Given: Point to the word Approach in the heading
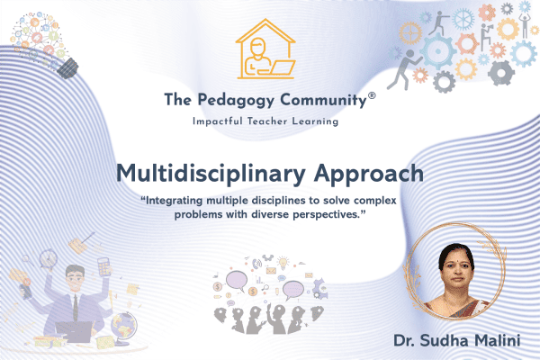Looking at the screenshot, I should (372, 173).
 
